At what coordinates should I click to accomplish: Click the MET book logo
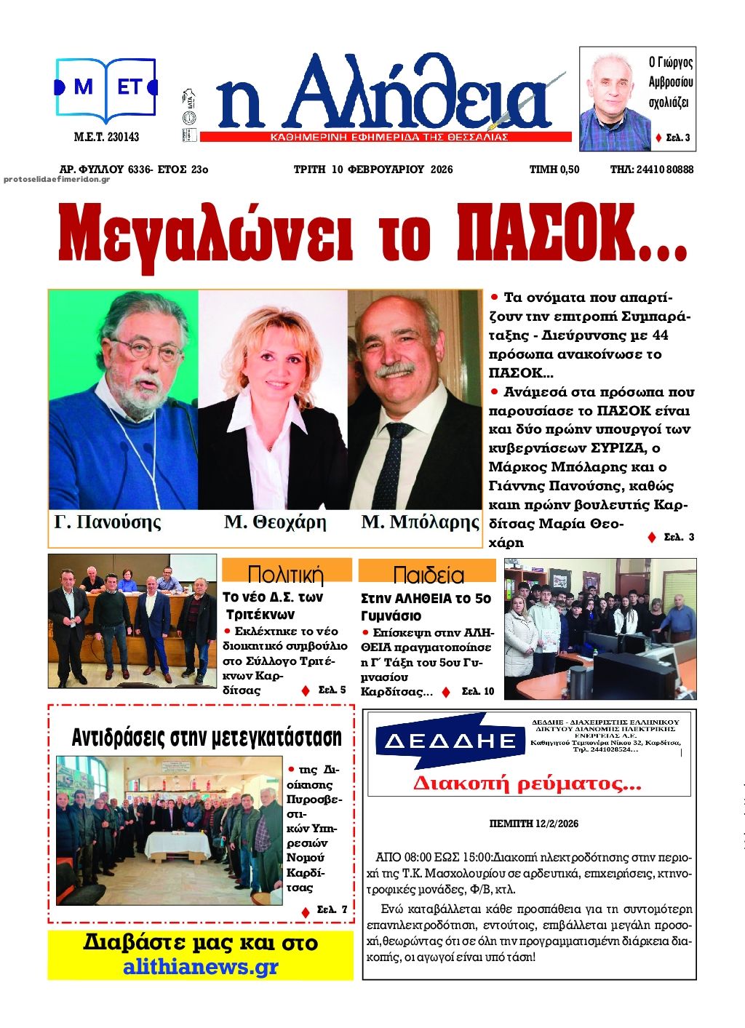point(106,89)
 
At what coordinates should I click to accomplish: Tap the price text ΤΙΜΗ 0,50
point(554,170)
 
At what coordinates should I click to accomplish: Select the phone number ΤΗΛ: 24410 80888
point(651,170)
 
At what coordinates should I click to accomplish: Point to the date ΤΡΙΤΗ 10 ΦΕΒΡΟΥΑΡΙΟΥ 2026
point(372,170)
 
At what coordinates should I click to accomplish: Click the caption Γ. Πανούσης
point(108,522)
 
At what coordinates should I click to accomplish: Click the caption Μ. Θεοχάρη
point(275,522)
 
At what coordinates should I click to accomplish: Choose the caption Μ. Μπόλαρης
point(420,522)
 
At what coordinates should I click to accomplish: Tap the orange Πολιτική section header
point(285,573)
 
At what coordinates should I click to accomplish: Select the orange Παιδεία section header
point(428,574)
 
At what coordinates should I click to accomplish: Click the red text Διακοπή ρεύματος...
point(527,784)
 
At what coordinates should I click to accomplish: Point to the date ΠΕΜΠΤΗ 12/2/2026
point(534,824)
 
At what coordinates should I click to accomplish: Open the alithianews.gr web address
point(200,967)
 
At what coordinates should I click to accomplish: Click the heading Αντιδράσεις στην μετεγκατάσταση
point(206,737)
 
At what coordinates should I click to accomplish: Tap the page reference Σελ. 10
point(477,691)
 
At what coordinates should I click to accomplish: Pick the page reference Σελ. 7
point(332,909)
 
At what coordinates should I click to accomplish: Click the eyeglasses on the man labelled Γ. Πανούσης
point(149,351)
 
